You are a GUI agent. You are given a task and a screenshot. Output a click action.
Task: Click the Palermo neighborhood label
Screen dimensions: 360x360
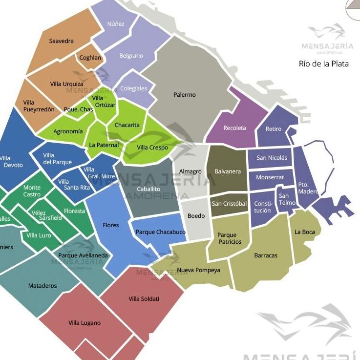[185, 95]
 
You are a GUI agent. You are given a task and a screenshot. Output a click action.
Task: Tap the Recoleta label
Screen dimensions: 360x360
[234, 128]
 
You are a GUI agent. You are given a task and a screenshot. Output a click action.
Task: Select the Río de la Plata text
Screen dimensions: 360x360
[324, 64]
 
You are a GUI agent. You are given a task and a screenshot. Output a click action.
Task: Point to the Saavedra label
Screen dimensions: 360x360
[62, 41]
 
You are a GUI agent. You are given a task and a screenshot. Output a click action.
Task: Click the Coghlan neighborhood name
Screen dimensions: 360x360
[90, 58]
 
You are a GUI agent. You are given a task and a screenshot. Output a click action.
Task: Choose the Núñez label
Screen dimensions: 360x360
[116, 24]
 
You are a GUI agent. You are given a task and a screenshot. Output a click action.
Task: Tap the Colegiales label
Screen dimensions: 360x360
[134, 88]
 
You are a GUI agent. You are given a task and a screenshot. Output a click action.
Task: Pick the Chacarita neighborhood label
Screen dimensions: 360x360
[127, 125]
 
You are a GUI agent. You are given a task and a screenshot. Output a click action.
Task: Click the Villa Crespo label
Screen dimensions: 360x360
[152, 148]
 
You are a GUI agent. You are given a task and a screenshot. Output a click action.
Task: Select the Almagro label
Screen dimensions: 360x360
[191, 171]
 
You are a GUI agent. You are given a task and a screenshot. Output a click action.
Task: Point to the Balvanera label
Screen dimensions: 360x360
[228, 171]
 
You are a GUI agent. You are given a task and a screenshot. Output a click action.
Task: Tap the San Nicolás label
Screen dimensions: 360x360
[272, 158]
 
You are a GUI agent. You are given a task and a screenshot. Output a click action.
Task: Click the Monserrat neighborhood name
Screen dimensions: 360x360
[270, 177]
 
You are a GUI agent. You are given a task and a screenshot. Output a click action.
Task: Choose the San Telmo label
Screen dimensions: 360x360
[287, 199]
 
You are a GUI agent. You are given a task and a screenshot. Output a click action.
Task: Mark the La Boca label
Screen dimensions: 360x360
[305, 232]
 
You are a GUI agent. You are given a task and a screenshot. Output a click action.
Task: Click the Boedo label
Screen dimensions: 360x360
[196, 216]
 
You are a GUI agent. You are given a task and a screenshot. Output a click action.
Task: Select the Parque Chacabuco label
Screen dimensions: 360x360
[161, 232]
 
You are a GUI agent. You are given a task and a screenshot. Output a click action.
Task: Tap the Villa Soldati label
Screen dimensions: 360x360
[144, 298]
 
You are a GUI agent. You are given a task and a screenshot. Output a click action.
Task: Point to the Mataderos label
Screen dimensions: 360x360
[42, 286]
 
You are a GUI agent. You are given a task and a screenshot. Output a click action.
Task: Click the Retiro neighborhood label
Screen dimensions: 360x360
[274, 129]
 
